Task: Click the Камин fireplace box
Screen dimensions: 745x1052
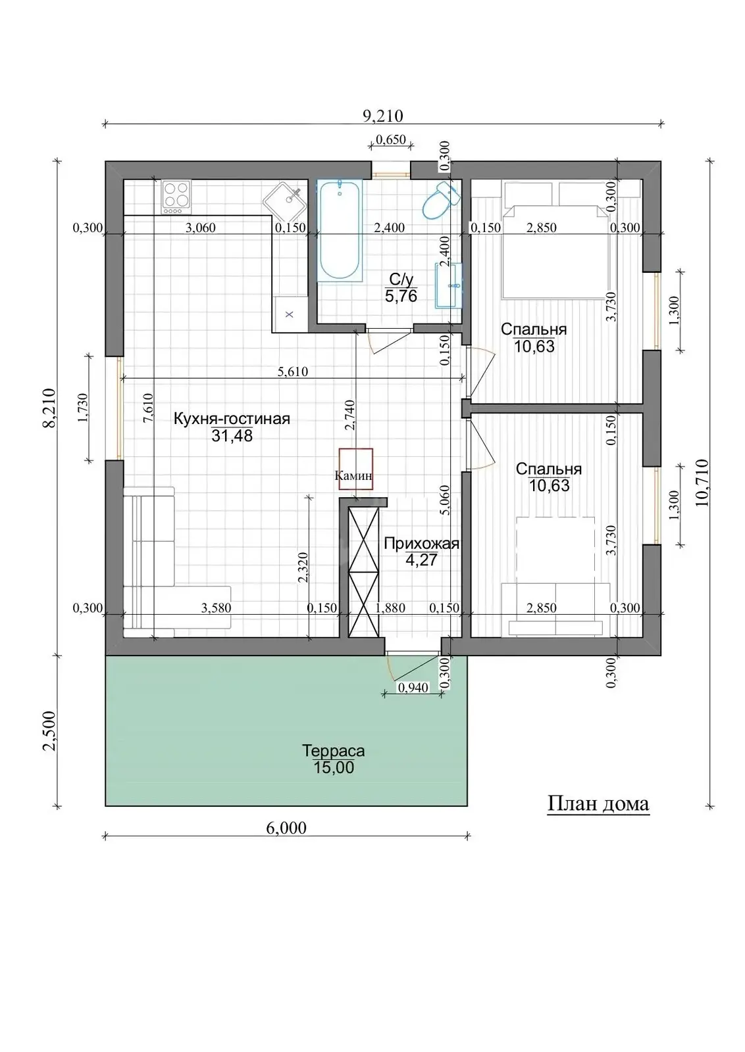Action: [356, 469]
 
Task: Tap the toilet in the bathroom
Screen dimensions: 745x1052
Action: [440, 201]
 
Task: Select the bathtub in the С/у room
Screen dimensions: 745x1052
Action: [339, 230]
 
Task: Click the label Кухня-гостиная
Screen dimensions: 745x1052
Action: [232, 418]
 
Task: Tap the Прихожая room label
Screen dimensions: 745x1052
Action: [421, 543]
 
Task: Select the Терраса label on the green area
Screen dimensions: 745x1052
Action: [333, 750]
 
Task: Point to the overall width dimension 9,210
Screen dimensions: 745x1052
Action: [383, 116]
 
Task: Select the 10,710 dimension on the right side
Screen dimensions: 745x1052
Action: [703, 483]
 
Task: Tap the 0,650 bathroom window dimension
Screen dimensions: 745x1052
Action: [390, 139]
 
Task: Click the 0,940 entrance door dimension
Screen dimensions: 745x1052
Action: [413, 688]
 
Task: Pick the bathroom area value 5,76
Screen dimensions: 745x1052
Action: [401, 296]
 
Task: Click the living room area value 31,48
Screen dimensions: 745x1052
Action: [232, 435]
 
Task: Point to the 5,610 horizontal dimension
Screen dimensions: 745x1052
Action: [292, 371]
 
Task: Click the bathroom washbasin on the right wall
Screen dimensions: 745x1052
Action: [448, 285]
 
